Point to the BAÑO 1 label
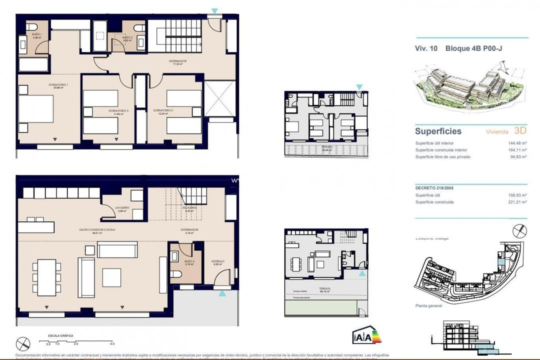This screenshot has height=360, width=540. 36,34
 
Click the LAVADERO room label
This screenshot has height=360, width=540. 122,207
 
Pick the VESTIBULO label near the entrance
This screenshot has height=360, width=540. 217,261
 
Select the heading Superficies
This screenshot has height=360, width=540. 438,131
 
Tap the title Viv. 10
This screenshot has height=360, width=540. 426,48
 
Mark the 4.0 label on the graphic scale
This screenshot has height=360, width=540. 112,344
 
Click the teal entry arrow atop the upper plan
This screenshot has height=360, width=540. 214,10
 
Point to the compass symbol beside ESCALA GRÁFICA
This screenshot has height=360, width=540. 23,343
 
